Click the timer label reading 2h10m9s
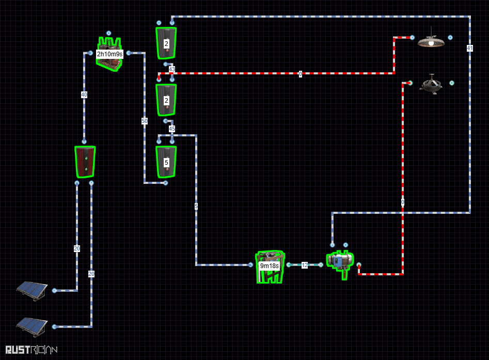[109, 54]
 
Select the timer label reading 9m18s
[269, 266]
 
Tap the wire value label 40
[84, 95]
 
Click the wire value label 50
[145, 121]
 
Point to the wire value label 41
[470, 48]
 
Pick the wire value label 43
[172, 69]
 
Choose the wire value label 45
[172, 128]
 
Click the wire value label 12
[305, 265]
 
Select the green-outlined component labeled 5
[166, 162]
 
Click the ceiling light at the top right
[431, 42]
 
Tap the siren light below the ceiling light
[431, 84]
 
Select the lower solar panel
[32, 325]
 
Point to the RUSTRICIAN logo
[31, 350]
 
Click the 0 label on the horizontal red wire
[300, 74]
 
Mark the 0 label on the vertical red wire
[403, 202]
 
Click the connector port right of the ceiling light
[450, 38]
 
